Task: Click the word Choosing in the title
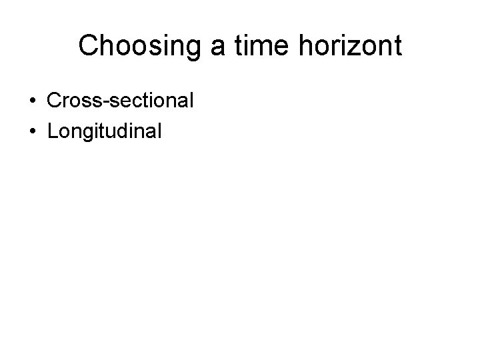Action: coord(125,47)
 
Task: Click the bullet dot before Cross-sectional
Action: coord(32,101)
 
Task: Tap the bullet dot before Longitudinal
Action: coord(32,131)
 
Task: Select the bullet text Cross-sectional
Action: coord(121,101)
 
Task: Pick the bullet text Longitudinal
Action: coord(104,131)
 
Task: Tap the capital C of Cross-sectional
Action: coord(54,101)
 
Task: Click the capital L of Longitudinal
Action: coord(53,131)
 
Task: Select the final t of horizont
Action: coord(397,47)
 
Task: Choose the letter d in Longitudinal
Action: coord(128,131)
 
